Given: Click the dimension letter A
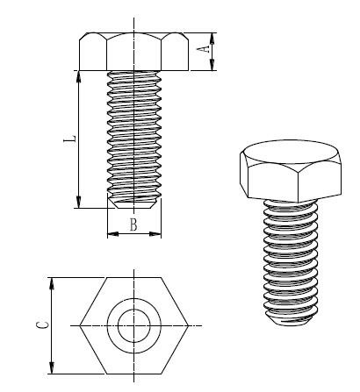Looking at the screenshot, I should pos(207,51).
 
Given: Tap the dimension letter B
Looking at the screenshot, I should pos(133,225).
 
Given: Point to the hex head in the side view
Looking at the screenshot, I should pos(133,51).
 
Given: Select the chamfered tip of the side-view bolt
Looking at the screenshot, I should pos(133,203).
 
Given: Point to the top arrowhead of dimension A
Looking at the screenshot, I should pos(214,36).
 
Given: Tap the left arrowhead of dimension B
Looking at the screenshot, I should pos(110,233).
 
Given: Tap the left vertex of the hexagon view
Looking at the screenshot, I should pos(81,325).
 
